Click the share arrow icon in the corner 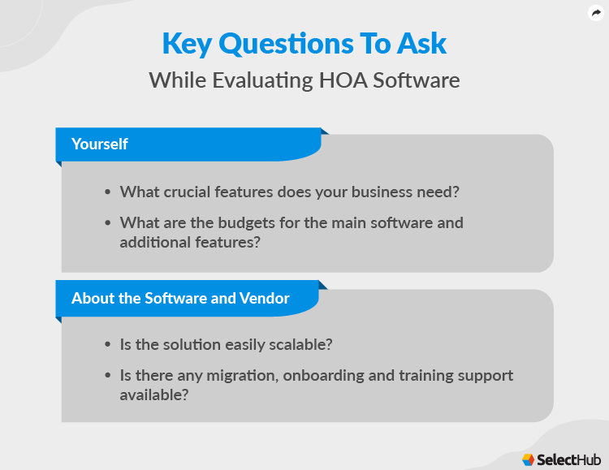pos(595,13)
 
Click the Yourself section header pos(99,144)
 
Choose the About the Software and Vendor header pos(180,298)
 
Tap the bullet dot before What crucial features pos(107,192)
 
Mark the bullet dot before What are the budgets pos(107,222)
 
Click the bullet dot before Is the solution pos(107,344)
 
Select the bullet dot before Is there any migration pos(107,376)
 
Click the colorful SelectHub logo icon pos(528,458)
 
